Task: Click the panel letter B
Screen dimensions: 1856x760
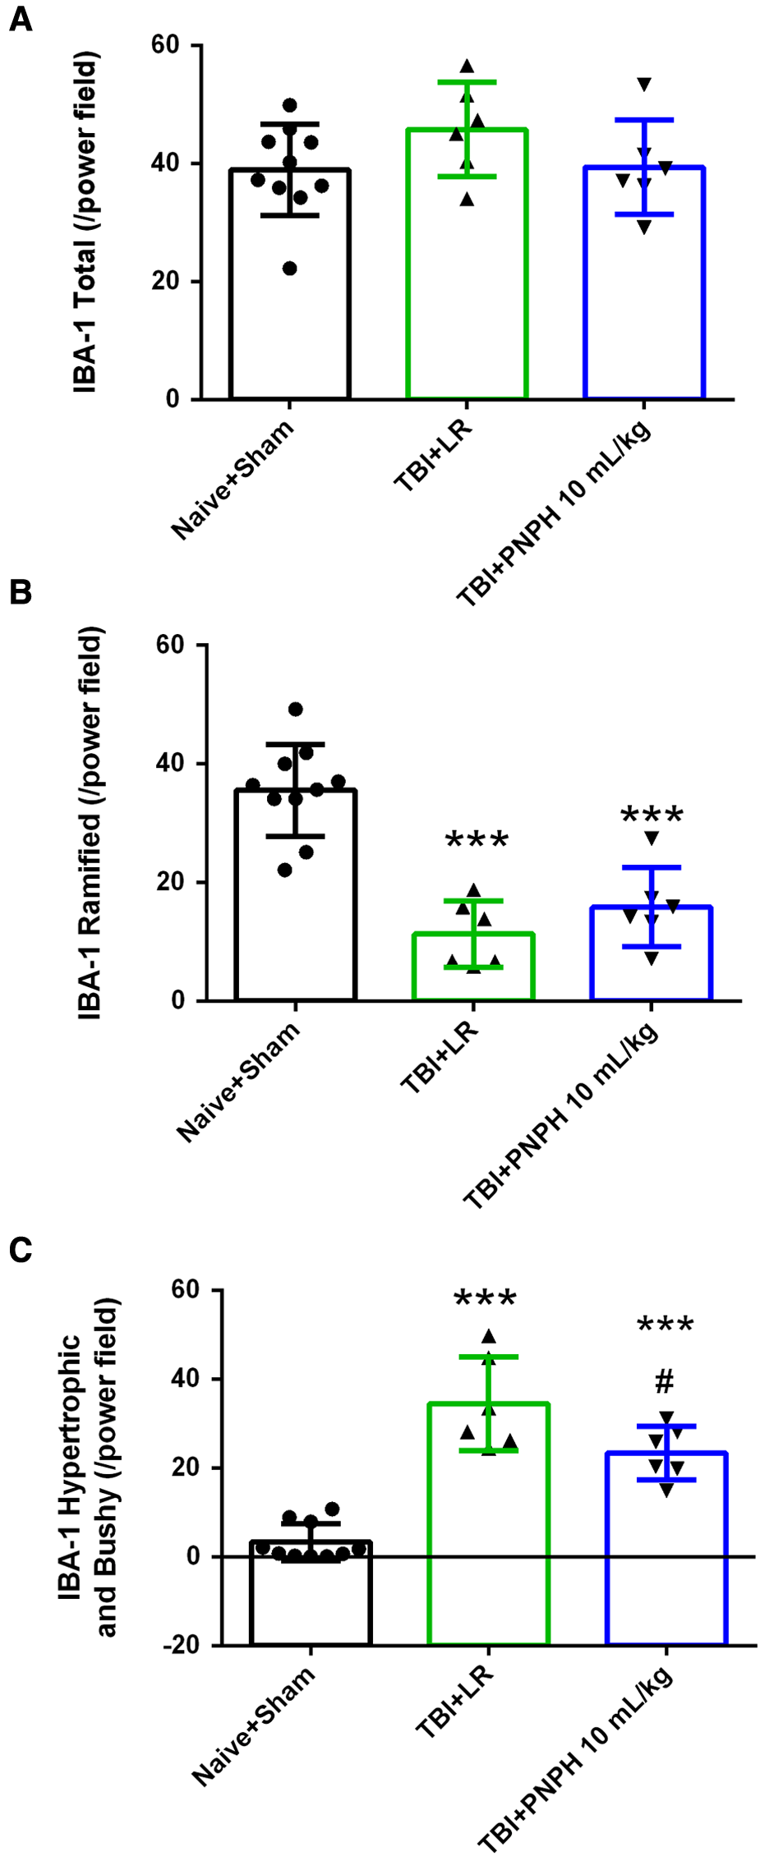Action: coord(21,592)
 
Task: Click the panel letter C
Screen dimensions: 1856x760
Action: coord(21,1250)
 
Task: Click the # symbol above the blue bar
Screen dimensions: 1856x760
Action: coord(665,1382)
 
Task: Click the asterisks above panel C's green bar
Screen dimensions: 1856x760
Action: coord(485,1299)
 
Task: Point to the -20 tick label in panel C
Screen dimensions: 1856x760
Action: coord(181,1645)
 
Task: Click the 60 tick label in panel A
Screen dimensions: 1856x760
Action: coord(165,45)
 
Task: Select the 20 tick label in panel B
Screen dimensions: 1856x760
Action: coord(170,882)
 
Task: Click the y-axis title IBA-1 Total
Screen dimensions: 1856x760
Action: coord(85,222)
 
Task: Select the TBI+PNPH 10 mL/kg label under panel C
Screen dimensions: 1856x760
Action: coord(575,1758)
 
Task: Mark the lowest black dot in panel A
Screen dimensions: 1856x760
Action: coord(289,269)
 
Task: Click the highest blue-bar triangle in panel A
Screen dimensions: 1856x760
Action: coord(644,84)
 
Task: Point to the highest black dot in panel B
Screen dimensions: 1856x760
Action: coord(296,710)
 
